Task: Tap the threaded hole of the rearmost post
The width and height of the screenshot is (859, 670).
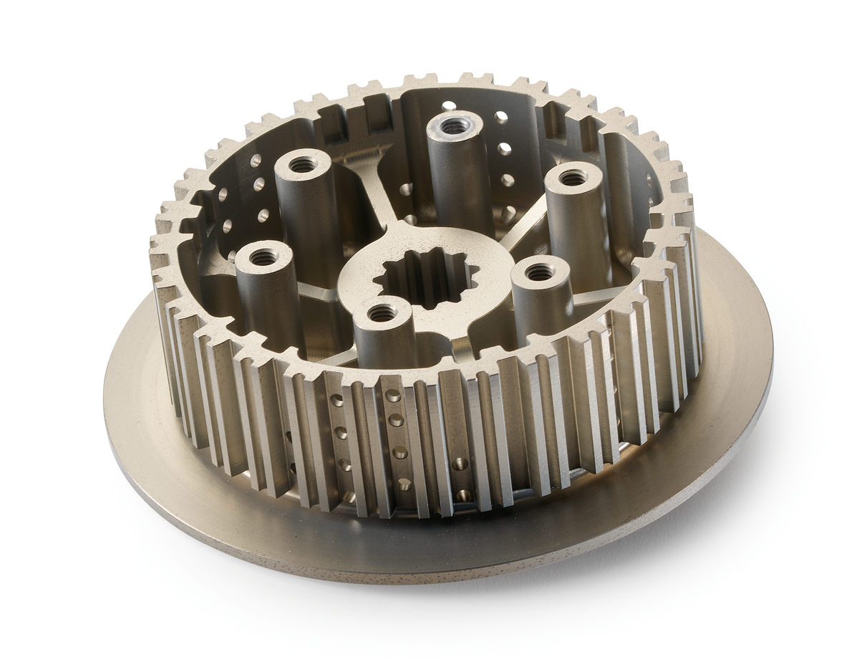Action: click(x=452, y=127)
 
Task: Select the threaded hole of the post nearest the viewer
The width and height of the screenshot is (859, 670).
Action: click(x=383, y=312)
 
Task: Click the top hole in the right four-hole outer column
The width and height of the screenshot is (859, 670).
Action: click(x=393, y=396)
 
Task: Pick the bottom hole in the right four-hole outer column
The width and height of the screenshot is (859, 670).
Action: click(x=404, y=484)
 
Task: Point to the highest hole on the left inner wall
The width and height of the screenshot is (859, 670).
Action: click(x=256, y=160)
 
